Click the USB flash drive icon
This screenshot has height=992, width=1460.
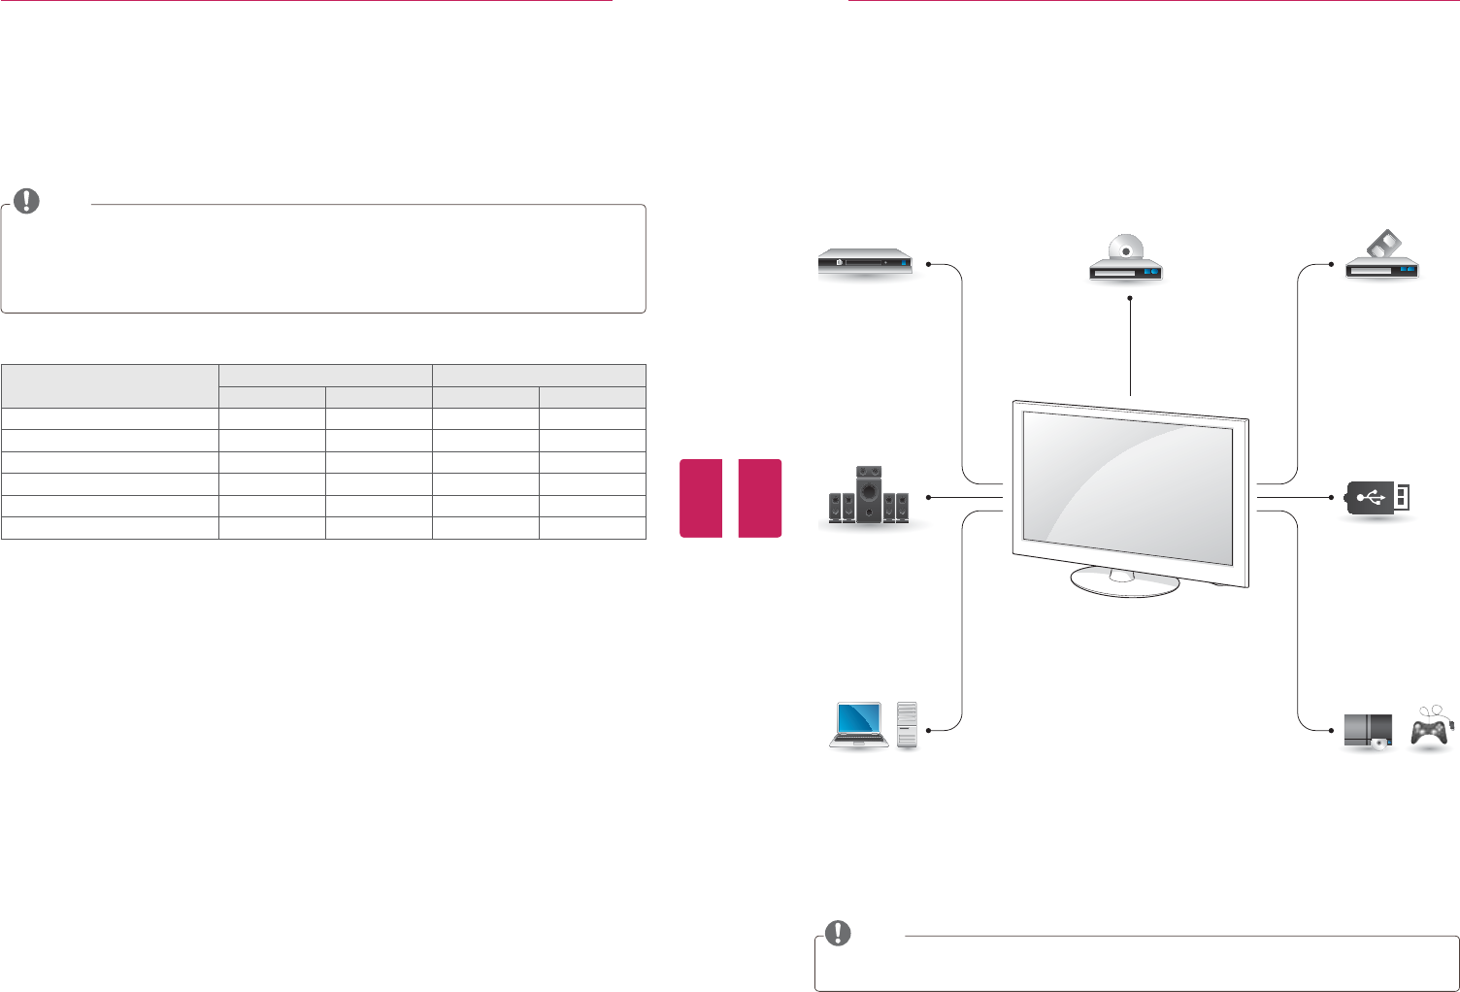coord(1377,498)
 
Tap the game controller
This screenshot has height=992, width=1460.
coord(1430,730)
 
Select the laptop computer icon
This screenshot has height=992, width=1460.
coord(857,725)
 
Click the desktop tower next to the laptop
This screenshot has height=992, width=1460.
coord(907,725)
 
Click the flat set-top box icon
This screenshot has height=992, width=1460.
coord(864,263)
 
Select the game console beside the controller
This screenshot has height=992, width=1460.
coord(1368,731)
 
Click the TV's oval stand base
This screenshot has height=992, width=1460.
coord(1125,582)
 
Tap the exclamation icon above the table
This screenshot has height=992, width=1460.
coord(27,201)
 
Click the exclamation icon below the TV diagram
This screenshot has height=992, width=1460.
coord(837,934)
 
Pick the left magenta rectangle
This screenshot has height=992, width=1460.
coord(701,498)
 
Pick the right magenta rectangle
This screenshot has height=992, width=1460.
coord(759,498)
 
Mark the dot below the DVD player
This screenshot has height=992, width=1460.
coord(1131,299)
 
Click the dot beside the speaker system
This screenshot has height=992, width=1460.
coord(929,497)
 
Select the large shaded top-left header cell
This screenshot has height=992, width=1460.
coord(110,386)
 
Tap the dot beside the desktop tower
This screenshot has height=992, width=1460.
coord(929,729)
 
